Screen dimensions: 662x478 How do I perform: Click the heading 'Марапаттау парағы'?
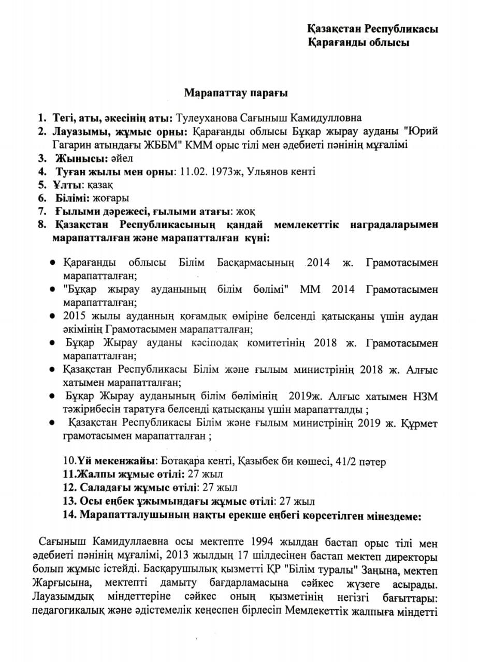(x=236, y=93)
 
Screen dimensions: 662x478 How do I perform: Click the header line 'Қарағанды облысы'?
(x=358, y=42)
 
